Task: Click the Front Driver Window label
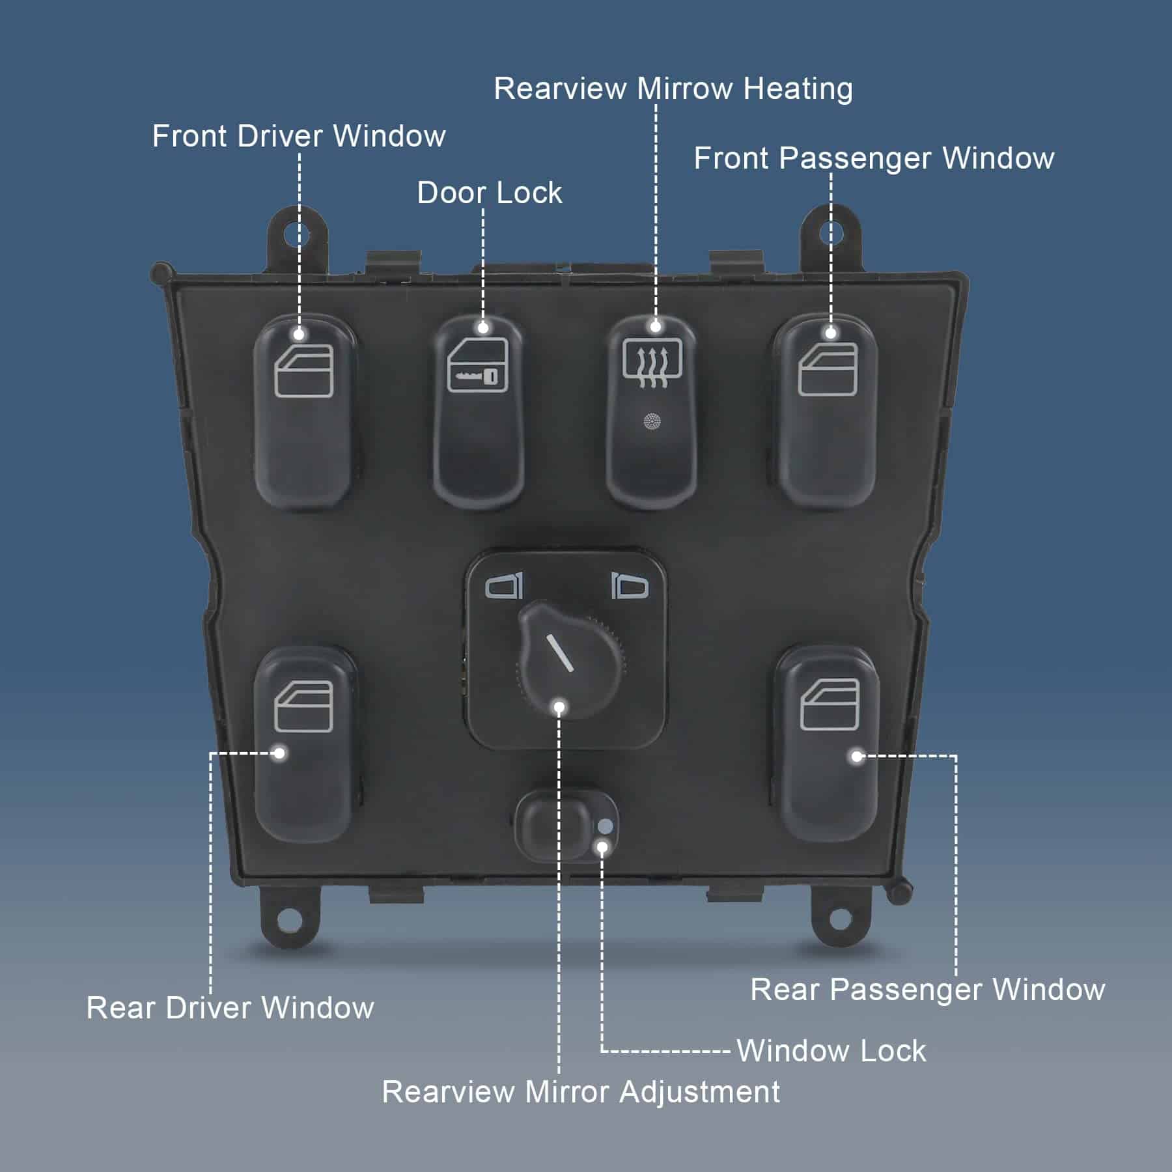(x=299, y=137)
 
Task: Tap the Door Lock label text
(x=489, y=193)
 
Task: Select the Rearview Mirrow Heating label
(x=673, y=89)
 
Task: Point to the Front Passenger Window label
(x=873, y=159)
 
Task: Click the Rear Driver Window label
(x=230, y=1008)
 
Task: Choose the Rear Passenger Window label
(x=927, y=990)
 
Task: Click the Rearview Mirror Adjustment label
(x=580, y=1092)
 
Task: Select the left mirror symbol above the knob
(x=505, y=585)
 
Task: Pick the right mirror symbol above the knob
(x=630, y=586)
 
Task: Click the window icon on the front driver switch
(x=304, y=371)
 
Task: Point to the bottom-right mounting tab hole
(x=839, y=919)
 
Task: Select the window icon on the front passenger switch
(x=828, y=369)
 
